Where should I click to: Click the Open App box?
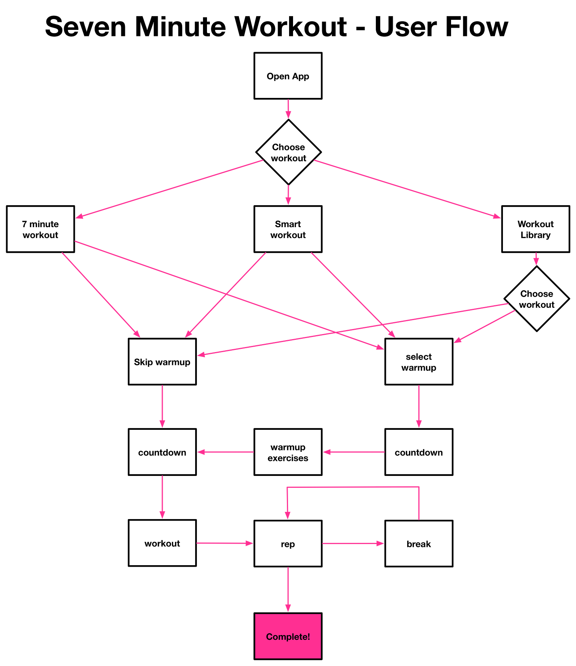coord(288,76)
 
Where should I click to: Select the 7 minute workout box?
coord(40,229)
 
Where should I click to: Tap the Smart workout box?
coord(288,229)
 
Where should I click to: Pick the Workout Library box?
coord(536,229)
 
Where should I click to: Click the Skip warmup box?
coord(162,362)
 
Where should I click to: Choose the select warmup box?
coord(419,362)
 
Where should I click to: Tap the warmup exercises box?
coord(288,452)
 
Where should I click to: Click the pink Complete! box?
coord(288,636)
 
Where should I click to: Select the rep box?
coord(288,544)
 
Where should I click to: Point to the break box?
coord(419,544)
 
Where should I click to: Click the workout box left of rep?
coord(162,543)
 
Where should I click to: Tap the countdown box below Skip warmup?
coord(162,452)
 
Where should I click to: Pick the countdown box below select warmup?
coord(419,452)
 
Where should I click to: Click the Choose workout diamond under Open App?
coord(288,152)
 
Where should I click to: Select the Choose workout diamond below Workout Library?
coord(536,298)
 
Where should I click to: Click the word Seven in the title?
coord(86,27)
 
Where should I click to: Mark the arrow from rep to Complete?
coord(288,589)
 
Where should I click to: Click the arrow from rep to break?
coord(353,543)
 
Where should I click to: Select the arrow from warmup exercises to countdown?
coord(225,452)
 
